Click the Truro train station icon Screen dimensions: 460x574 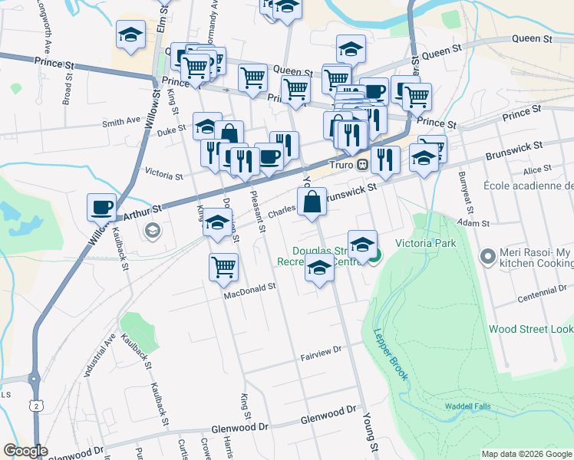[x=365, y=163]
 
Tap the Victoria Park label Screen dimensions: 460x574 [x=425, y=244]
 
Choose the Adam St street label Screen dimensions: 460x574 [x=473, y=223]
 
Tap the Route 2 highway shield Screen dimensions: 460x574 [x=35, y=405]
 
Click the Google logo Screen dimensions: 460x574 [x=25, y=451]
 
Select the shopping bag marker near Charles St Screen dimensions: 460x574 [x=312, y=204]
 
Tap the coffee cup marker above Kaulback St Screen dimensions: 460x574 [x=102, y=208]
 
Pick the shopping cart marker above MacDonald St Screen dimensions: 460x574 [x=223, y=268]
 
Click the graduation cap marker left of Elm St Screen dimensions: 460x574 [x=131, y=35]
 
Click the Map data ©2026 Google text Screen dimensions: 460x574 [x=526, y=454]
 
